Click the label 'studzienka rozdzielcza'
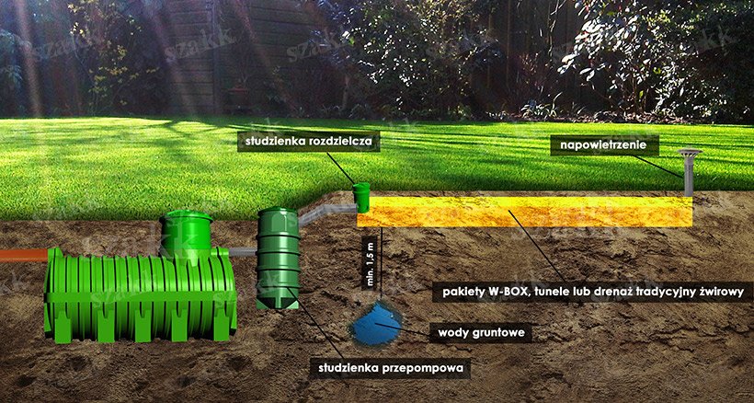pyautogui.click(x=309, y=142)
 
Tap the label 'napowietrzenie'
pyautogui.click(x=604, y=144)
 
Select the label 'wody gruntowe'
pyautogui.click(x=480, y=333)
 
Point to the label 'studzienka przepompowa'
pyautogui.click(x=390, y=368)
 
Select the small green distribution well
pyautogui.click(x=361, y=197)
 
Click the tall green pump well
pyautogui.click(x=278, y=259)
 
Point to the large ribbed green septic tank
pyautogui.click(x=141, y=294)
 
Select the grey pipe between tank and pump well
pyautogui.click(x=244, y=251)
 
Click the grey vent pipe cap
pyautogui.click(x=690, y=153)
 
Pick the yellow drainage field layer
pyautogui.click(x=525, y=212)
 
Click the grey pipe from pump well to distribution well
pyautogui.click(x=327, y=213)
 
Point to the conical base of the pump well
pyautogui.click(x=278, y=303)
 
